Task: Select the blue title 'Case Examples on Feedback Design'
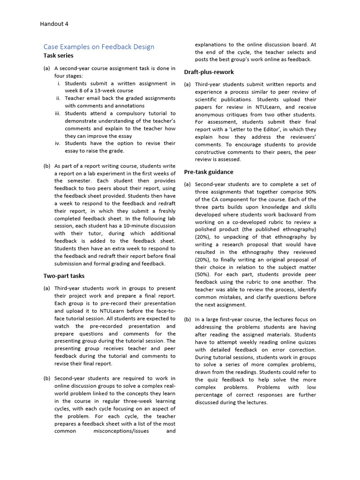click(x=98, y=46)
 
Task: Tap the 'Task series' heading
click(x=58, y=56)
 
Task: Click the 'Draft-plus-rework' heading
click(x=209, y=72)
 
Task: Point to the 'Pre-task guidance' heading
click(x=209, y=172)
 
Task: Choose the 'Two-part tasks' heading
click(x=64, y=276)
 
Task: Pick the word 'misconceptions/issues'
click(x=120, y=431)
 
